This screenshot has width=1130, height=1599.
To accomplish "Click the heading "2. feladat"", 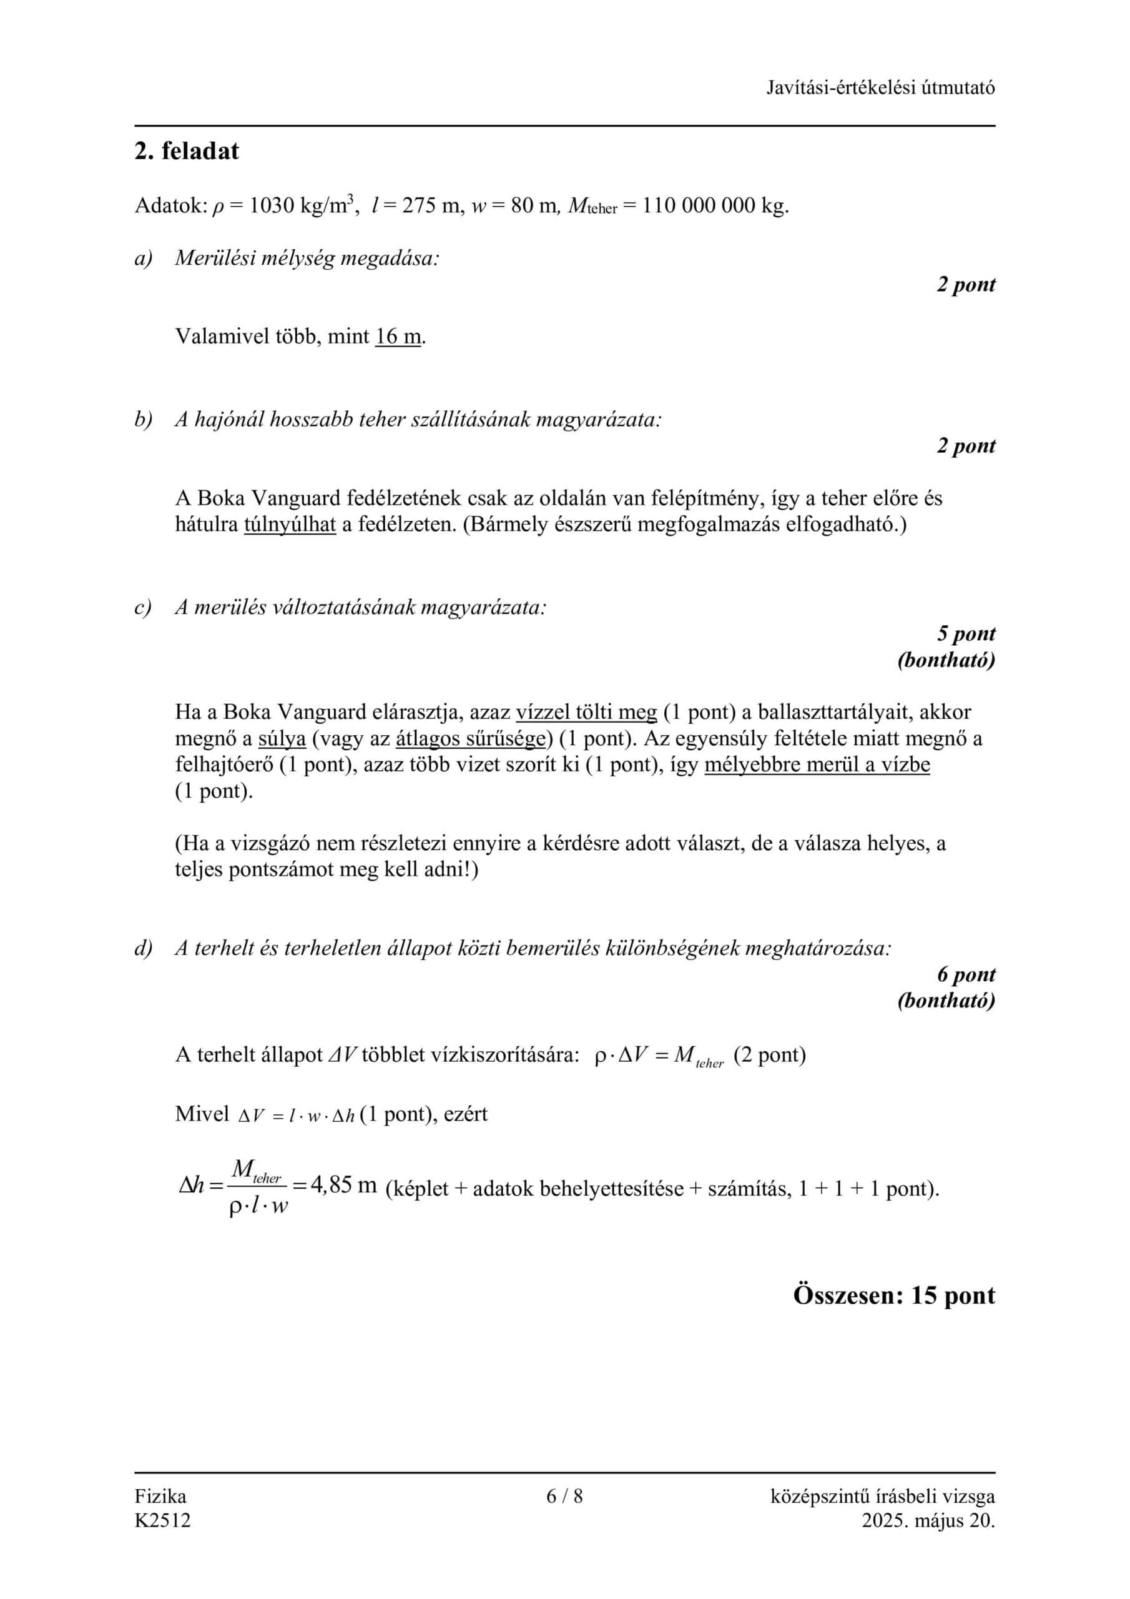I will [x=187, y=151].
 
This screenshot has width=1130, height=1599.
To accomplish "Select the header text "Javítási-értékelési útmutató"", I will [x=880, y=87].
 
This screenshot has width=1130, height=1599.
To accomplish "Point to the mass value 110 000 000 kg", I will [x=715, y=205].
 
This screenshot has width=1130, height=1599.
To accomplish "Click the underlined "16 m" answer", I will [x=398, y=337].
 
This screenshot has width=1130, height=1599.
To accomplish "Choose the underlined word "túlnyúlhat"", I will [x=290, y=525].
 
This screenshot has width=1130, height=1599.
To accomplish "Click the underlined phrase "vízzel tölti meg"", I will [x=586, y=712].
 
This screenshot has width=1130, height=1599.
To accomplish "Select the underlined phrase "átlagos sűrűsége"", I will [x=469, y=738].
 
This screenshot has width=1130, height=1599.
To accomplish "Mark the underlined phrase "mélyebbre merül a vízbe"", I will [x=817, y=765].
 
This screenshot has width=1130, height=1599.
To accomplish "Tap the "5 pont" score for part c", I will [x=966, y=634].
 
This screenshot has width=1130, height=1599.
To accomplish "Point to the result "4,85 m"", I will [x=343, y=1185].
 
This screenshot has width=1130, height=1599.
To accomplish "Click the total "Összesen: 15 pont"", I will [x=894, y=1295].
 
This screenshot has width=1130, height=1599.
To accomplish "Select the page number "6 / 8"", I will [x=564, y=1495].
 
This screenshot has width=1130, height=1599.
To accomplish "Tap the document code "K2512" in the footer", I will [x=162, y=1520].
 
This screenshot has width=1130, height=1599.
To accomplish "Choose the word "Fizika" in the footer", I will [x=160, y=1495].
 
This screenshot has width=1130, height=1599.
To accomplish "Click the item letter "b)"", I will [x=144, y=420].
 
